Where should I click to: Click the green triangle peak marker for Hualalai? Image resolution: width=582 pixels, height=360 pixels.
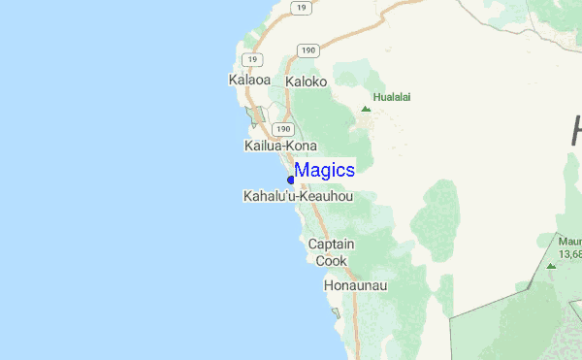point(366,109)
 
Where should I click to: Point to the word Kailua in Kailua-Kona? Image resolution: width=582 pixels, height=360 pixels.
point(263,146)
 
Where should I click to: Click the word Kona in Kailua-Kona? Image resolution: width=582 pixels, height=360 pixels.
point(302,146)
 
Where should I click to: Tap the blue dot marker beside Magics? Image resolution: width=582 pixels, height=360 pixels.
point(291,180)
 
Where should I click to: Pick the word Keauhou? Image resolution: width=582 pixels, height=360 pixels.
point(326,196)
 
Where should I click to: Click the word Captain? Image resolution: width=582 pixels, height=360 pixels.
point(331,245)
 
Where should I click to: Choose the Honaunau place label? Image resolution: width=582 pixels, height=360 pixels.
point(355,286)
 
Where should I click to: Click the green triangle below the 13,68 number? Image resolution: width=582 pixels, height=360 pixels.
point(551,265)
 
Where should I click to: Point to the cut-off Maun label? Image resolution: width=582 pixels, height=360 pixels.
point(569,239)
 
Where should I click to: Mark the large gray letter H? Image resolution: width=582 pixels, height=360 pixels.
point(575,131)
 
